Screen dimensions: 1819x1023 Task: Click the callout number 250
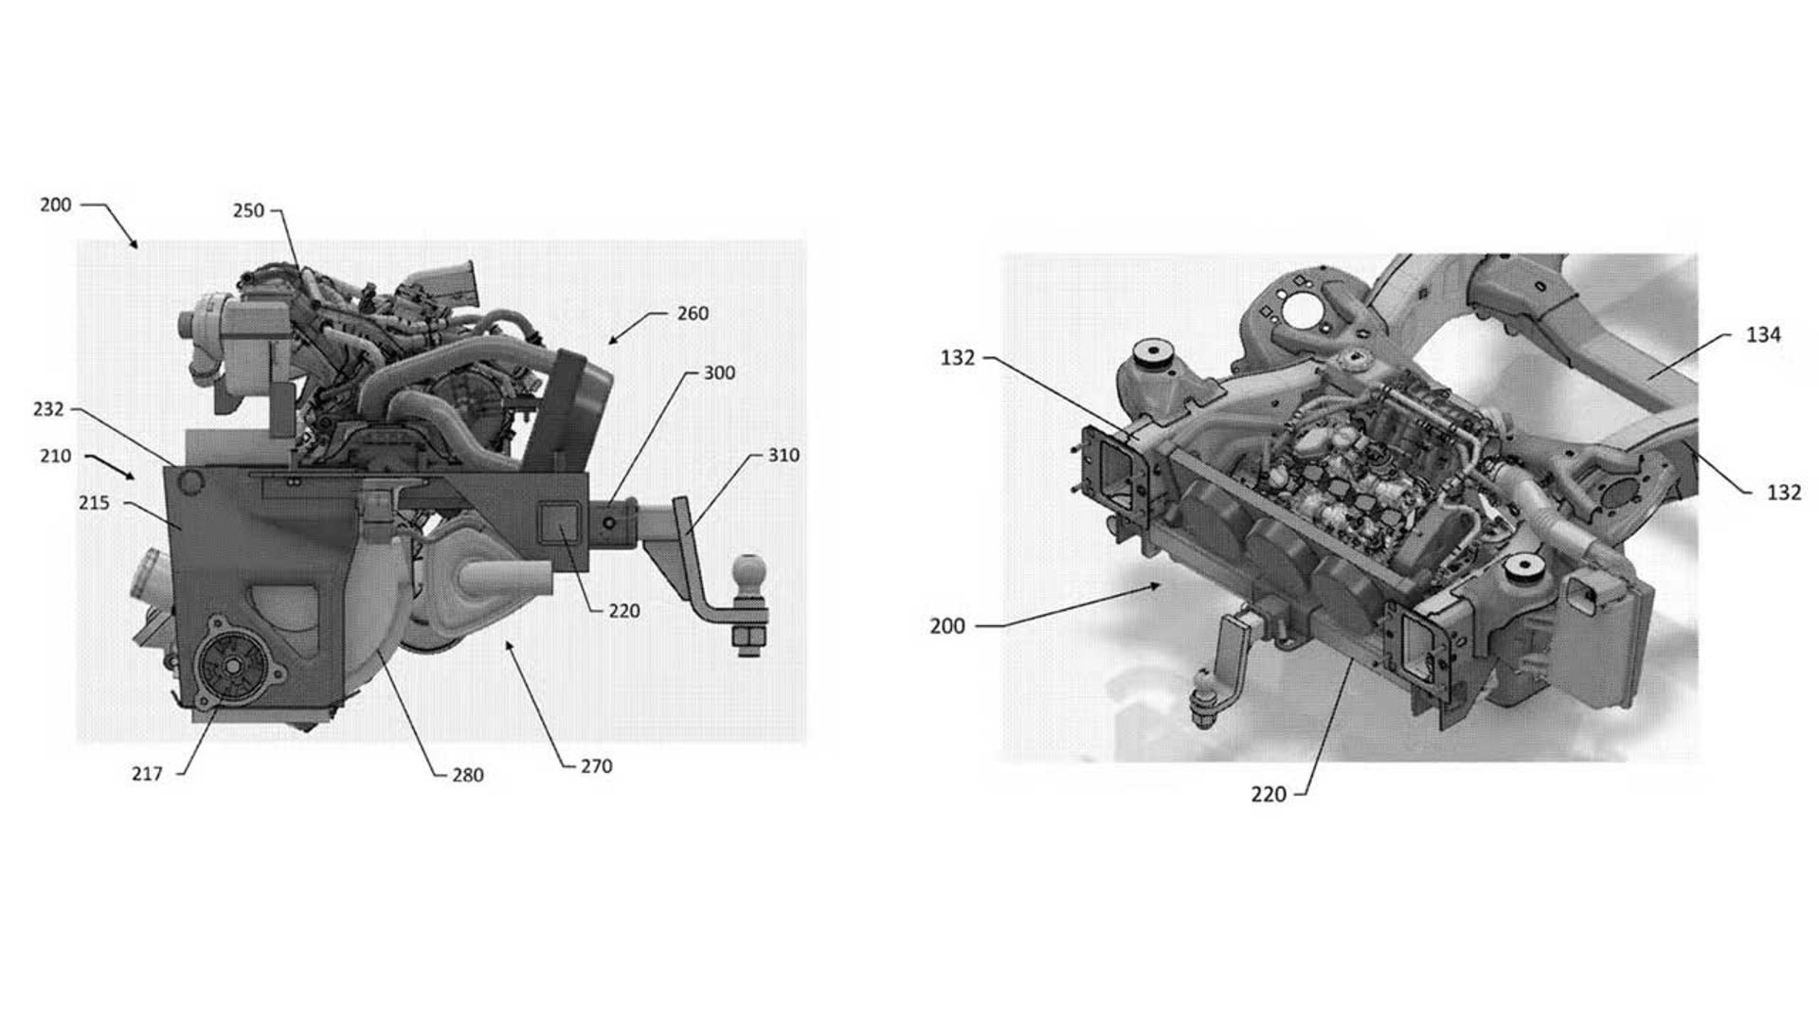click(248, 210)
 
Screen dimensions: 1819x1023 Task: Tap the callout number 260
click(693, 314)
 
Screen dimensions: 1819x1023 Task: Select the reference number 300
click(719, 373)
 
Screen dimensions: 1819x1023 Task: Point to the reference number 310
click(783, 456)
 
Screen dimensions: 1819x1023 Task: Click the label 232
click(48, 409)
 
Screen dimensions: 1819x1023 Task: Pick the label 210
click(55, 456)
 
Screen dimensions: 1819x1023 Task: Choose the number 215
click(94, 503)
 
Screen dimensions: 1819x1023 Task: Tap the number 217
click(147, 774)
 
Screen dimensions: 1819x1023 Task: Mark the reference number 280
click(468, 775)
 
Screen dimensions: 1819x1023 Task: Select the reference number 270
click(596, 766)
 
